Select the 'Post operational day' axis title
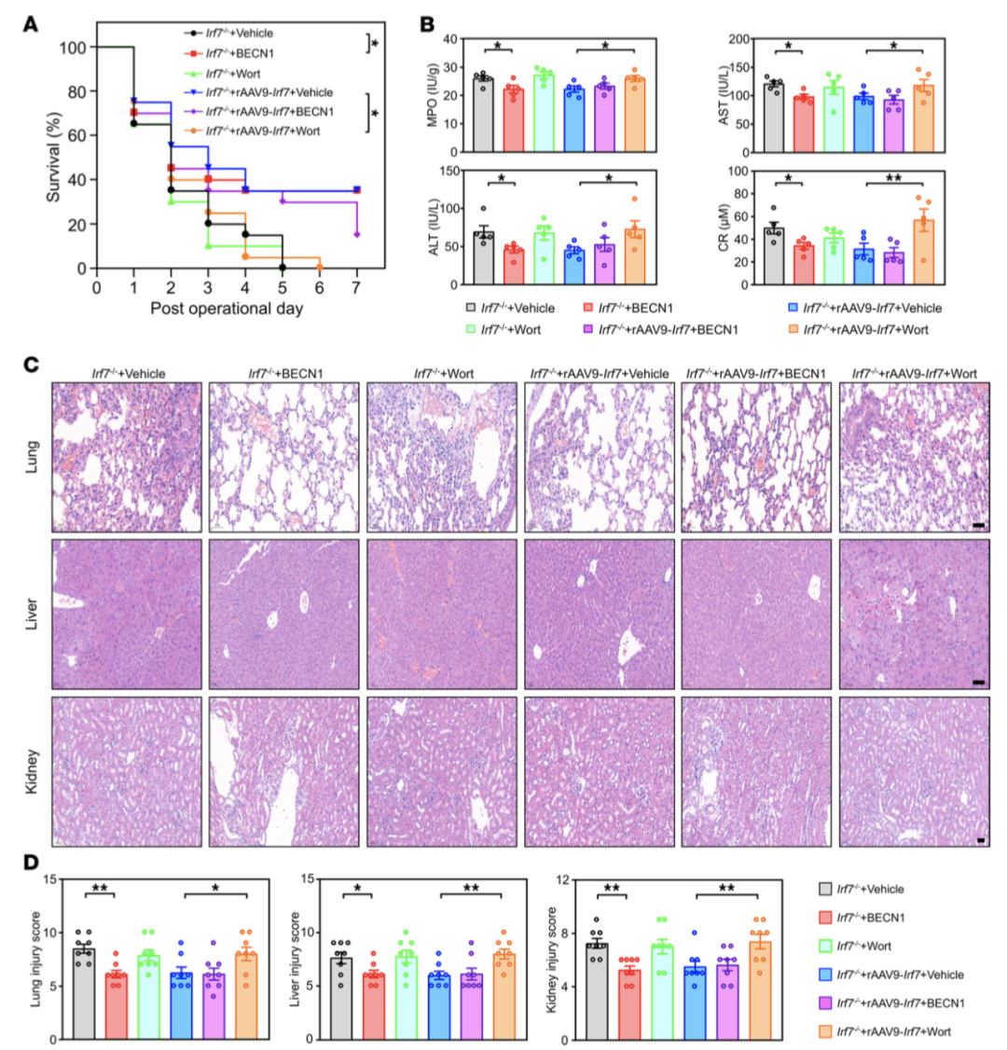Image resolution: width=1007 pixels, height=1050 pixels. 227,311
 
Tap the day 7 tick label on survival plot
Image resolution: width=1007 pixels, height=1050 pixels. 357,288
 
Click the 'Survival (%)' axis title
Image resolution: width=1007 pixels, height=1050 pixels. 40,158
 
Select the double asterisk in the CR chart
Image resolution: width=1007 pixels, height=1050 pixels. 893,175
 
